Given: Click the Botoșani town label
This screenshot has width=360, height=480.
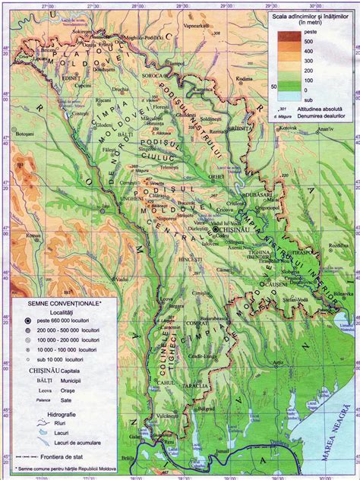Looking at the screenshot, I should [25, 134].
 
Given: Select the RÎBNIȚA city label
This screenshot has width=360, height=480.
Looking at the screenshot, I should [242, 129].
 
